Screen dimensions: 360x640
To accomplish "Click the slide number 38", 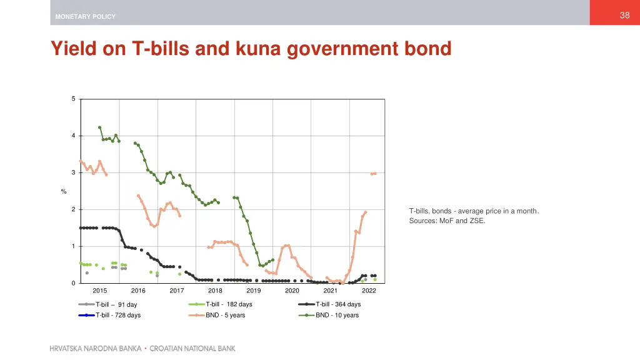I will pos(624,16).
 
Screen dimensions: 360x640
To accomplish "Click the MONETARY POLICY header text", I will pos(85,17).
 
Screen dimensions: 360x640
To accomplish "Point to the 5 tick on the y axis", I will pos(73,99).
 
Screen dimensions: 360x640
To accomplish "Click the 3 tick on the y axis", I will pos(73,172).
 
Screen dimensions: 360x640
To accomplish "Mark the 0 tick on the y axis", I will pos(73,283).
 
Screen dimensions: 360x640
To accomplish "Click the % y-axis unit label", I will pos(64,191).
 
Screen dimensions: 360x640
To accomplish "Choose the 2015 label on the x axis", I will pos(99,291).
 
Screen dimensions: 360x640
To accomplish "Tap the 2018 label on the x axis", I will pos(215,291).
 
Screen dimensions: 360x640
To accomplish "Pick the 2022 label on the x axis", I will pos(369,291).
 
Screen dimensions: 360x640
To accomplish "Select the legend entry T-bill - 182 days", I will pos(229,304).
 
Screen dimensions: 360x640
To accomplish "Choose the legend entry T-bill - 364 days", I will pos(338,304).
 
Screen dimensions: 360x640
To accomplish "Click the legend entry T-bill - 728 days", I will pos(117,315).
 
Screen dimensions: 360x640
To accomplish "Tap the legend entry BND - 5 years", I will pos(225,315).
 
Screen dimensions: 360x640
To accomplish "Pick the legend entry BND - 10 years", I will pos(337,315).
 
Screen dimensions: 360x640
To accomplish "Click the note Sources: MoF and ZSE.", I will pos(447,221).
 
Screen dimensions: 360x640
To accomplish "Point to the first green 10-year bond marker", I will pos(99,127).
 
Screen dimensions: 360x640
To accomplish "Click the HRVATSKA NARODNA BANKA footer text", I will pos(96,348).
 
